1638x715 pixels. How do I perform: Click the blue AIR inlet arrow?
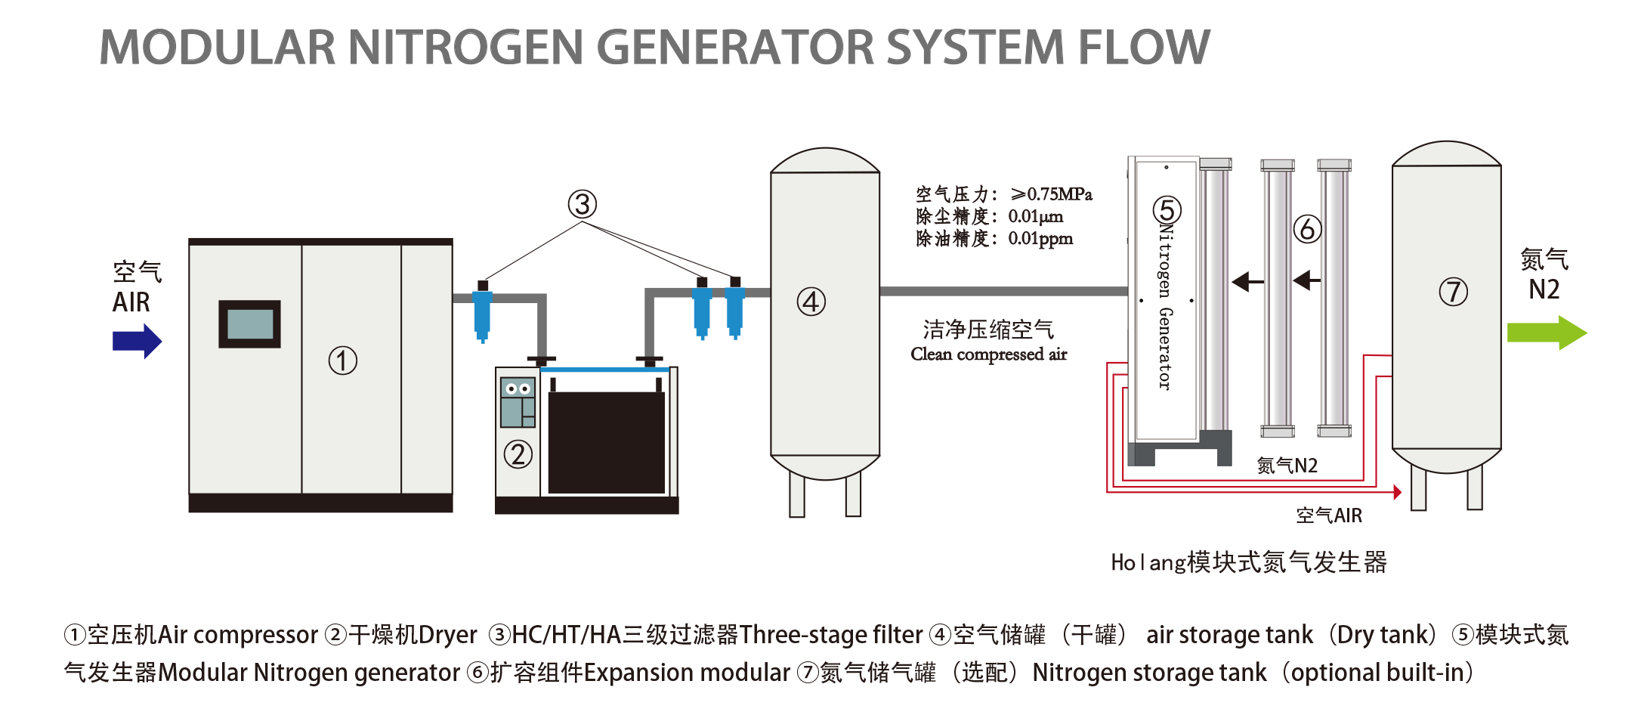click(137, 341)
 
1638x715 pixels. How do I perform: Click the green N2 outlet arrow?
click(1546, 333)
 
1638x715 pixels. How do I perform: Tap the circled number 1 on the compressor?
click(342, 361)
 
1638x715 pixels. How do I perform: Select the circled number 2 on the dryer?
click(518, 454)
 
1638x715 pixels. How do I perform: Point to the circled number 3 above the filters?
click(583, 204)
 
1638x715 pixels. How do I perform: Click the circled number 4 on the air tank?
click(811, 302)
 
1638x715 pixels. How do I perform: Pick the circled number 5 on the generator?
click(1167, 210)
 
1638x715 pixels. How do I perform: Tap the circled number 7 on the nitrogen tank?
click(1453, 292)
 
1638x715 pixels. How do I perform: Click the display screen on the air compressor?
click(249, 324)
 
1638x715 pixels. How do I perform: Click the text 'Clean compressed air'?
click(988, 354)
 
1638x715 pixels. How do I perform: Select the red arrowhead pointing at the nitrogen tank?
click(1398, 493)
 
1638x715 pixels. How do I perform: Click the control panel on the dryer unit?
click(518, 402)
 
